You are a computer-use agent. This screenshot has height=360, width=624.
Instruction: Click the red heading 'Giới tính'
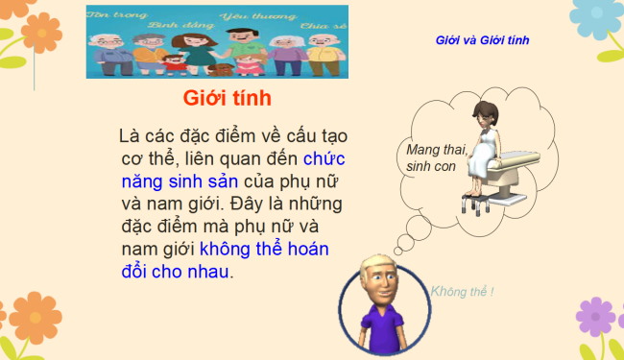point(228,99)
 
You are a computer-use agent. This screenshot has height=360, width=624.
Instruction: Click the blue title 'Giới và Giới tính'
point(482,40)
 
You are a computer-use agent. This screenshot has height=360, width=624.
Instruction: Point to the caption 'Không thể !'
point(464,292)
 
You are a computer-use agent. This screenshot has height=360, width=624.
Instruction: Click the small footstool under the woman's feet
point(475,204)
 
